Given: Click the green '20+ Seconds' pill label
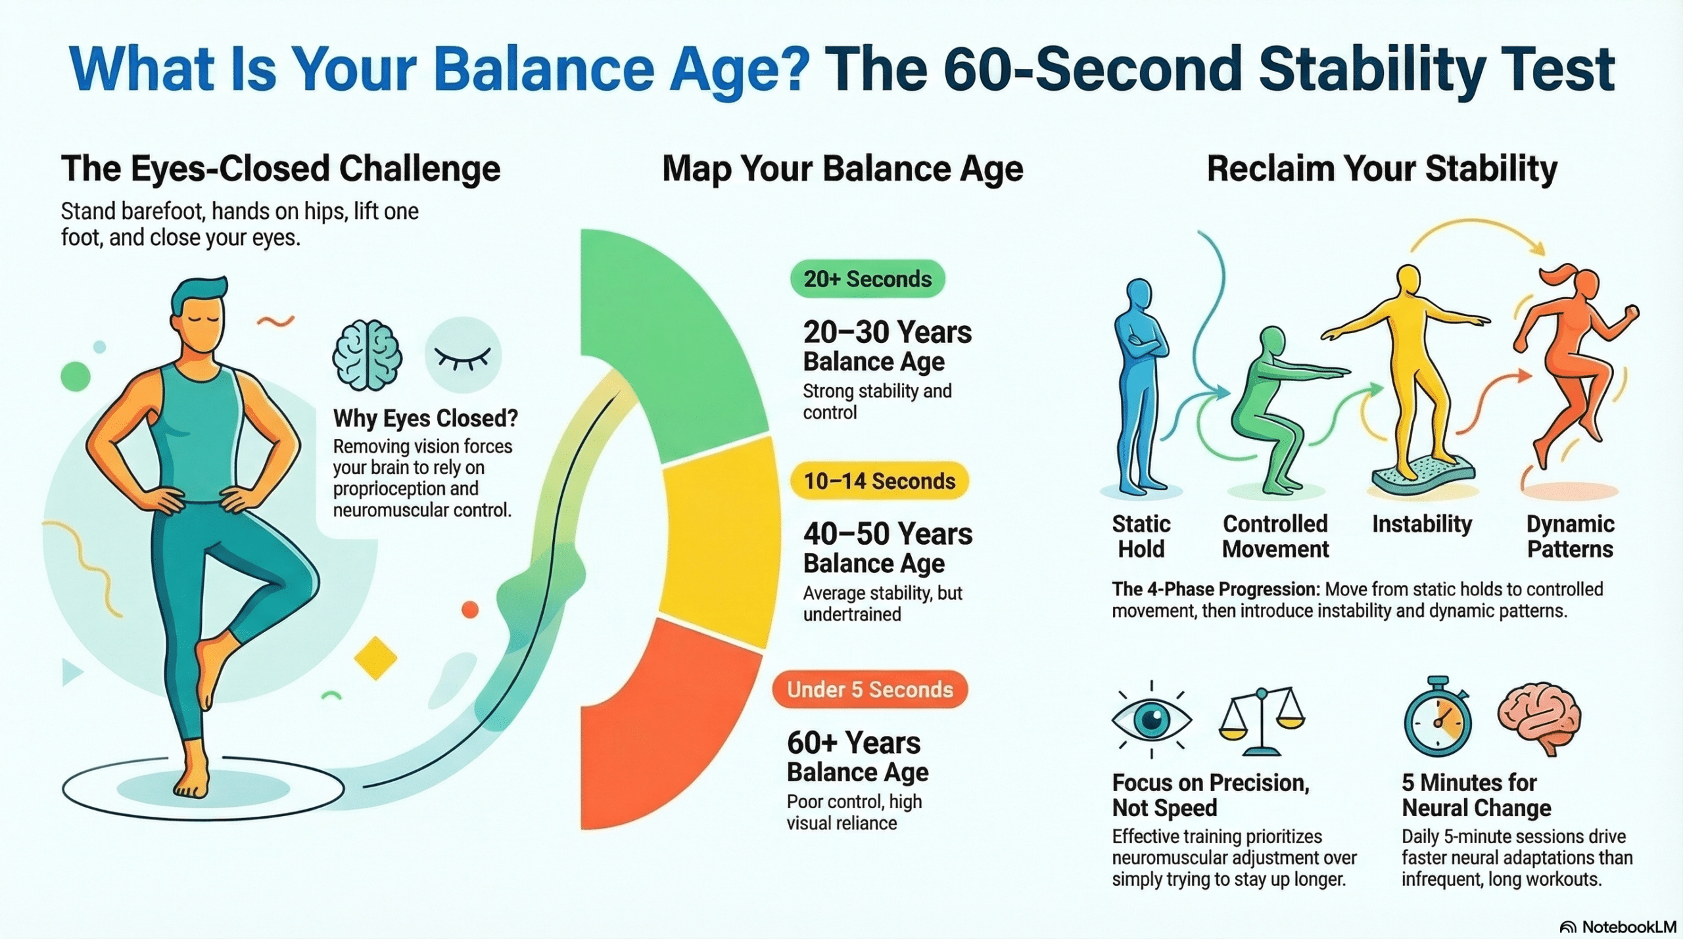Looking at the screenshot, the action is pos(867,279).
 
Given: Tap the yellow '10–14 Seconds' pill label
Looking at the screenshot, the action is pos(879,481).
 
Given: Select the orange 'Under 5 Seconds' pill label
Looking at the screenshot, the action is pos(870,689).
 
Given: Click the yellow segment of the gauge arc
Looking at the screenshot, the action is pos(719,543).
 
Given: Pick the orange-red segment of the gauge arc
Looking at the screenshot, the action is pos(671,729).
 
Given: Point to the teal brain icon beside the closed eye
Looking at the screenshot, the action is pos(367,355).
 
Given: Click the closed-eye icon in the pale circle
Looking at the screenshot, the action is pos(463,355).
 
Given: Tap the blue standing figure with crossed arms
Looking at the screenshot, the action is pos(1141,387).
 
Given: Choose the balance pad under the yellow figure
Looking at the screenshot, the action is pos(1423,478).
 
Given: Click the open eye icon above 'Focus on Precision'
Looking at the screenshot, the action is pos(1151,719).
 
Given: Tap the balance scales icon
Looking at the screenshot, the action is pos(1261,721).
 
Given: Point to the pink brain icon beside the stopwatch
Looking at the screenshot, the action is pos(1539,715).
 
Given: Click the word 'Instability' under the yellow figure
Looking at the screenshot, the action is pos(1422,524).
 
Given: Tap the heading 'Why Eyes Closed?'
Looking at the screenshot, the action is pos(425,418).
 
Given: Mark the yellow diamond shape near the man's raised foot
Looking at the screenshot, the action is pos(375,658).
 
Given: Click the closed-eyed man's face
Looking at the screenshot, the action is pos(201,327).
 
